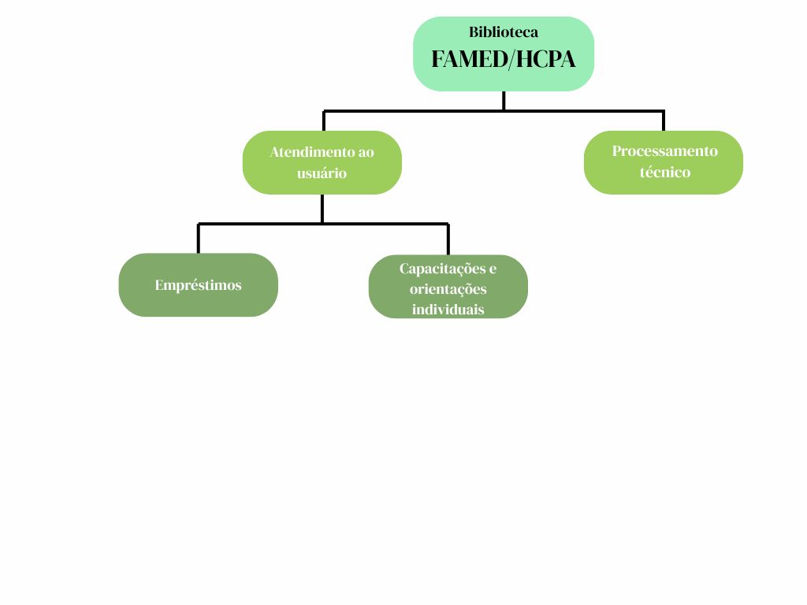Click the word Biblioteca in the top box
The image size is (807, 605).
pos(504,33)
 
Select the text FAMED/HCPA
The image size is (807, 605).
pos(504,59)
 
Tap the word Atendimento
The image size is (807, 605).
pos(307,152)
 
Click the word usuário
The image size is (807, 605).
pos(322,173)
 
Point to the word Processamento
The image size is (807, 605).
pos(664,151)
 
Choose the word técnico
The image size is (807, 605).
pos(664,173)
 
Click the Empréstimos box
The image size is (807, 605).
pos(198,285)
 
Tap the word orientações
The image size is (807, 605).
pos(448,289)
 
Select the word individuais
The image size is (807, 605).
pos(448,310)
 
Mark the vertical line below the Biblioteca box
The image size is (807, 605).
pos(504,100)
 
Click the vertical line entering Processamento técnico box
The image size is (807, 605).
pos(664,121)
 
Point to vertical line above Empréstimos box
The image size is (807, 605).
pos(199,239)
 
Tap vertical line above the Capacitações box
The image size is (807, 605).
pos(448,239)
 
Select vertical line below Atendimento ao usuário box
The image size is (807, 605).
pos(322,208)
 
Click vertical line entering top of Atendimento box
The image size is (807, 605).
pos(324,121)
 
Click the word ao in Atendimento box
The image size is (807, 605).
pos(366,152)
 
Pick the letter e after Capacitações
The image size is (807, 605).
pos(493,269)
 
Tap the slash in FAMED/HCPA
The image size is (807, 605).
pos(508,59)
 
